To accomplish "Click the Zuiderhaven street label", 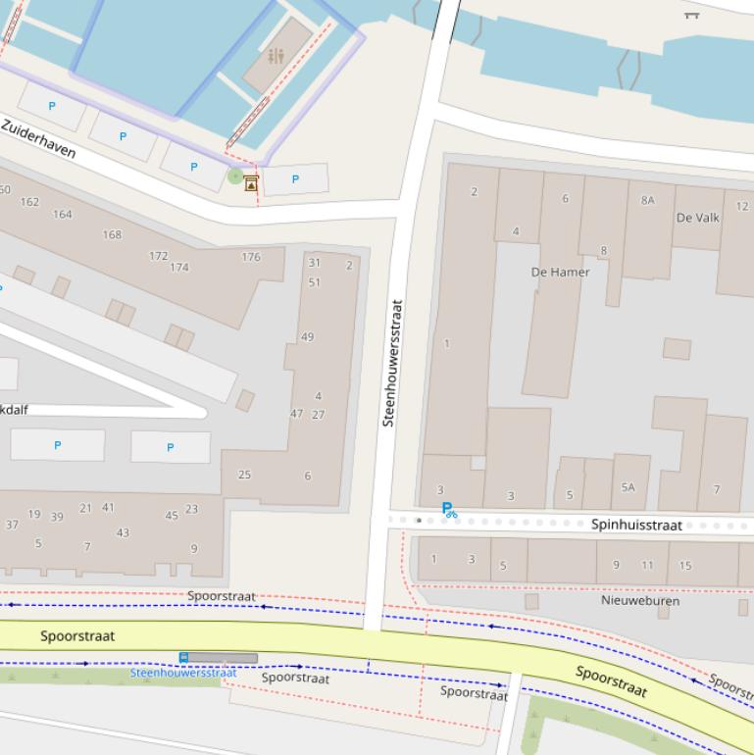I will coord(38,139).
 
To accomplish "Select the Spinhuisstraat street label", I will coord(636,525).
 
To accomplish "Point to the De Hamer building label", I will coord(560,272).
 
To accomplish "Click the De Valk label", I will coord(698,218).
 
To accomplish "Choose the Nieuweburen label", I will coord(640,600).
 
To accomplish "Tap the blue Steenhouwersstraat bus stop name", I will coord(183,673).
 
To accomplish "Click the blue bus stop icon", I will coord(183,657).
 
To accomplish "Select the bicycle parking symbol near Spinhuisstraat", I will coord(449,510).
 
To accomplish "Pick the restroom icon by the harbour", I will coord(276,57).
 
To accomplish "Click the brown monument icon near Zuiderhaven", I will coord(252,182).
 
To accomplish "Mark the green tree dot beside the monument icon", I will coord(234,176).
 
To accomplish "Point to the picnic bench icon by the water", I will coord(691,14).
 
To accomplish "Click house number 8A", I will coord(647,200).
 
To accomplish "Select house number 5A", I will coord(628,487).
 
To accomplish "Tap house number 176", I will coord(251,257).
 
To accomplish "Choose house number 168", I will coord(112,234).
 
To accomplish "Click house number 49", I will coord(308,336).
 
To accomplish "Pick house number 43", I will coord(123,533).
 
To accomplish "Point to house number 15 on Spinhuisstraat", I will coord(684,565).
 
